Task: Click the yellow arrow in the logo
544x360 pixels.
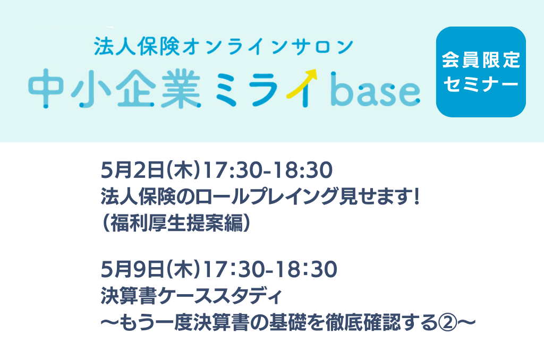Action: [x=302, y=83]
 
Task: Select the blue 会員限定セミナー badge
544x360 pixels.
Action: [x=481, y=72]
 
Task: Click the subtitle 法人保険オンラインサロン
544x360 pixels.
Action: [x=224, y=47]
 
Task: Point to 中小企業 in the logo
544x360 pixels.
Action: [x=115, y=89]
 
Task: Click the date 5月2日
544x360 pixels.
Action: [x=132, y=170]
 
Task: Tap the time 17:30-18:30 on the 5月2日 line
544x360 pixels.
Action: [x=268, y=170]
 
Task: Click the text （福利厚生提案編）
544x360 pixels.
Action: [x=176, y=222]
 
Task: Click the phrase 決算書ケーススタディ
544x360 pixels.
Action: [x=191, y=296]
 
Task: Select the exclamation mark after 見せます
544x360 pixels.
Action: [x=416, y=196]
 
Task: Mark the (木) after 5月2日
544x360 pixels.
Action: [x=183, y=170]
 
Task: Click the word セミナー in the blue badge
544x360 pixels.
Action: [x=481, y=84]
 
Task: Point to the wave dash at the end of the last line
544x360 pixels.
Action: [x=466, y=323]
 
